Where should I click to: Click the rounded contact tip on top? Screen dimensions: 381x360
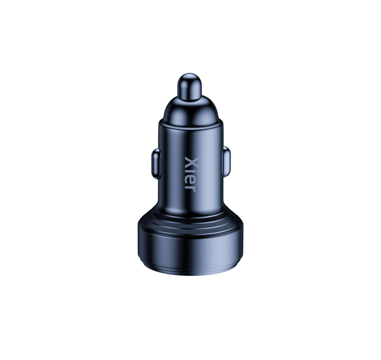pyautogui.click(x=189, y=86)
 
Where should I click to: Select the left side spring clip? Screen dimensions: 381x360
pyautogui.click(x=156, y=164)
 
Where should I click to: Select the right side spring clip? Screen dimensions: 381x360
pyautogui.click(x=226, y=161)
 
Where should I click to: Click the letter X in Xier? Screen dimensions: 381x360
pyautogui.click(x=192, y=162)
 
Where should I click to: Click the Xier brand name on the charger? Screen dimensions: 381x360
pyautogui.click(x=192, y=174)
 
